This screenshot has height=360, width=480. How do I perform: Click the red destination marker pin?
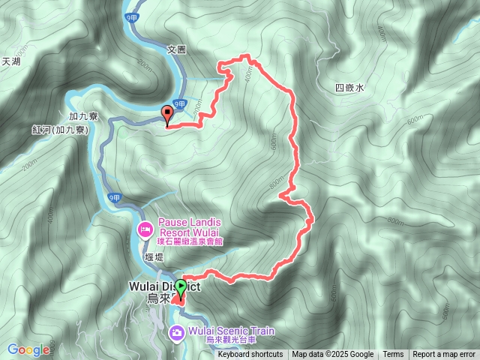166,115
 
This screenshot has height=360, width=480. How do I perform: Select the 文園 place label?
175,49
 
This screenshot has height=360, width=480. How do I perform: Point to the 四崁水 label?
349,88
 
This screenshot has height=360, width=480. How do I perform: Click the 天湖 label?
10,61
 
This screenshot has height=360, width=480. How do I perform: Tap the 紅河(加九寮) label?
60,130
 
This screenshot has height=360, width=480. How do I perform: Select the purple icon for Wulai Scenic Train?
176,333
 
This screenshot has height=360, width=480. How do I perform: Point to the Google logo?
28,349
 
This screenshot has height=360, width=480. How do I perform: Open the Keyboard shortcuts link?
250,355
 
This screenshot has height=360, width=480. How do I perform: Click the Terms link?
393,355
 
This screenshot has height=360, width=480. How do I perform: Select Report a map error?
444,355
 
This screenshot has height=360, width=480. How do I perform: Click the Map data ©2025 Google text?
332,355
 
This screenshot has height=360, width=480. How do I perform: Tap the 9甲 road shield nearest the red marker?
179,103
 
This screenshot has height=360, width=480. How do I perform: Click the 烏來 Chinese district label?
160,299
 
